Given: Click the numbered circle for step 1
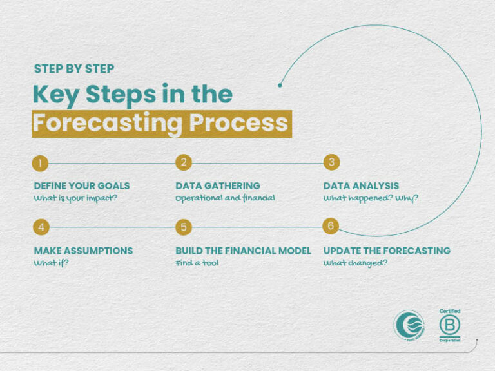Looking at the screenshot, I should (40, 163).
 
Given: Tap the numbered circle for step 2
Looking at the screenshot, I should (184, 162).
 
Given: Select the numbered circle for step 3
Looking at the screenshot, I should (331, 162).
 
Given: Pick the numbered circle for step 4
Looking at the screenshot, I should (40, 227).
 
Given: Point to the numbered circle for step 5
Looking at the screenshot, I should (184, 227).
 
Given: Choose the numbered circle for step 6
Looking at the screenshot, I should (331, 226).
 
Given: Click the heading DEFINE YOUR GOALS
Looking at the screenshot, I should (81, 186).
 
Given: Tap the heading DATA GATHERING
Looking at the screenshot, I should (217, 186).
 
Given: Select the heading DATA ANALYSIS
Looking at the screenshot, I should (361, 186).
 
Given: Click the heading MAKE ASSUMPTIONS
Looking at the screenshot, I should (83, 251).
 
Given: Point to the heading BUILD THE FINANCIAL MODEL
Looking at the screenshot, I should (243, 251).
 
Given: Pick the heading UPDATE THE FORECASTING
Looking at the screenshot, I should (387, 251).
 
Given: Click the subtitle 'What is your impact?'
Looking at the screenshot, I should (76, 198).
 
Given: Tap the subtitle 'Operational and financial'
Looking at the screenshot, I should (225, 198).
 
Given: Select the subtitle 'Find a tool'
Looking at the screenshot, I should (197, 263).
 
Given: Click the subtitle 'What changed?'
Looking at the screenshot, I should (355, 263).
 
